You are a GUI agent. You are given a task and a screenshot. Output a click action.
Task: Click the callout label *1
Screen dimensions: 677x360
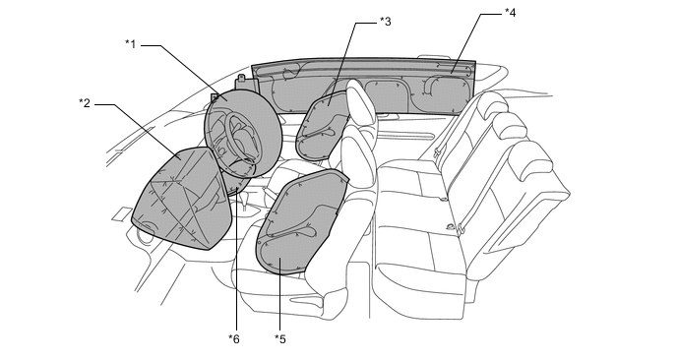pos(131,44)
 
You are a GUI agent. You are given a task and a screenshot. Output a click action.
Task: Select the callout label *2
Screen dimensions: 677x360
pos(85,103)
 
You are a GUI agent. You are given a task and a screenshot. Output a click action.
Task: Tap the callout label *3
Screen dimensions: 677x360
pos(385,22)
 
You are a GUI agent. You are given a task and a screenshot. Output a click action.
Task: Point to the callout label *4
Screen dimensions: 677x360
pos(511,13)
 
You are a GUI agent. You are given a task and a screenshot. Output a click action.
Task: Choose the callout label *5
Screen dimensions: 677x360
pos(280,338)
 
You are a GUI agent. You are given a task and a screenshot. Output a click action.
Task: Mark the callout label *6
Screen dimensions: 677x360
pos(234,338)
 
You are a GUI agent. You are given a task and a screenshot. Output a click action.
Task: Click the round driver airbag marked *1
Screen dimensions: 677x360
pos(242,133)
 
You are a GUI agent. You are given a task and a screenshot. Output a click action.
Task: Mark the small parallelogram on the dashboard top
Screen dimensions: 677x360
pos(122,214)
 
